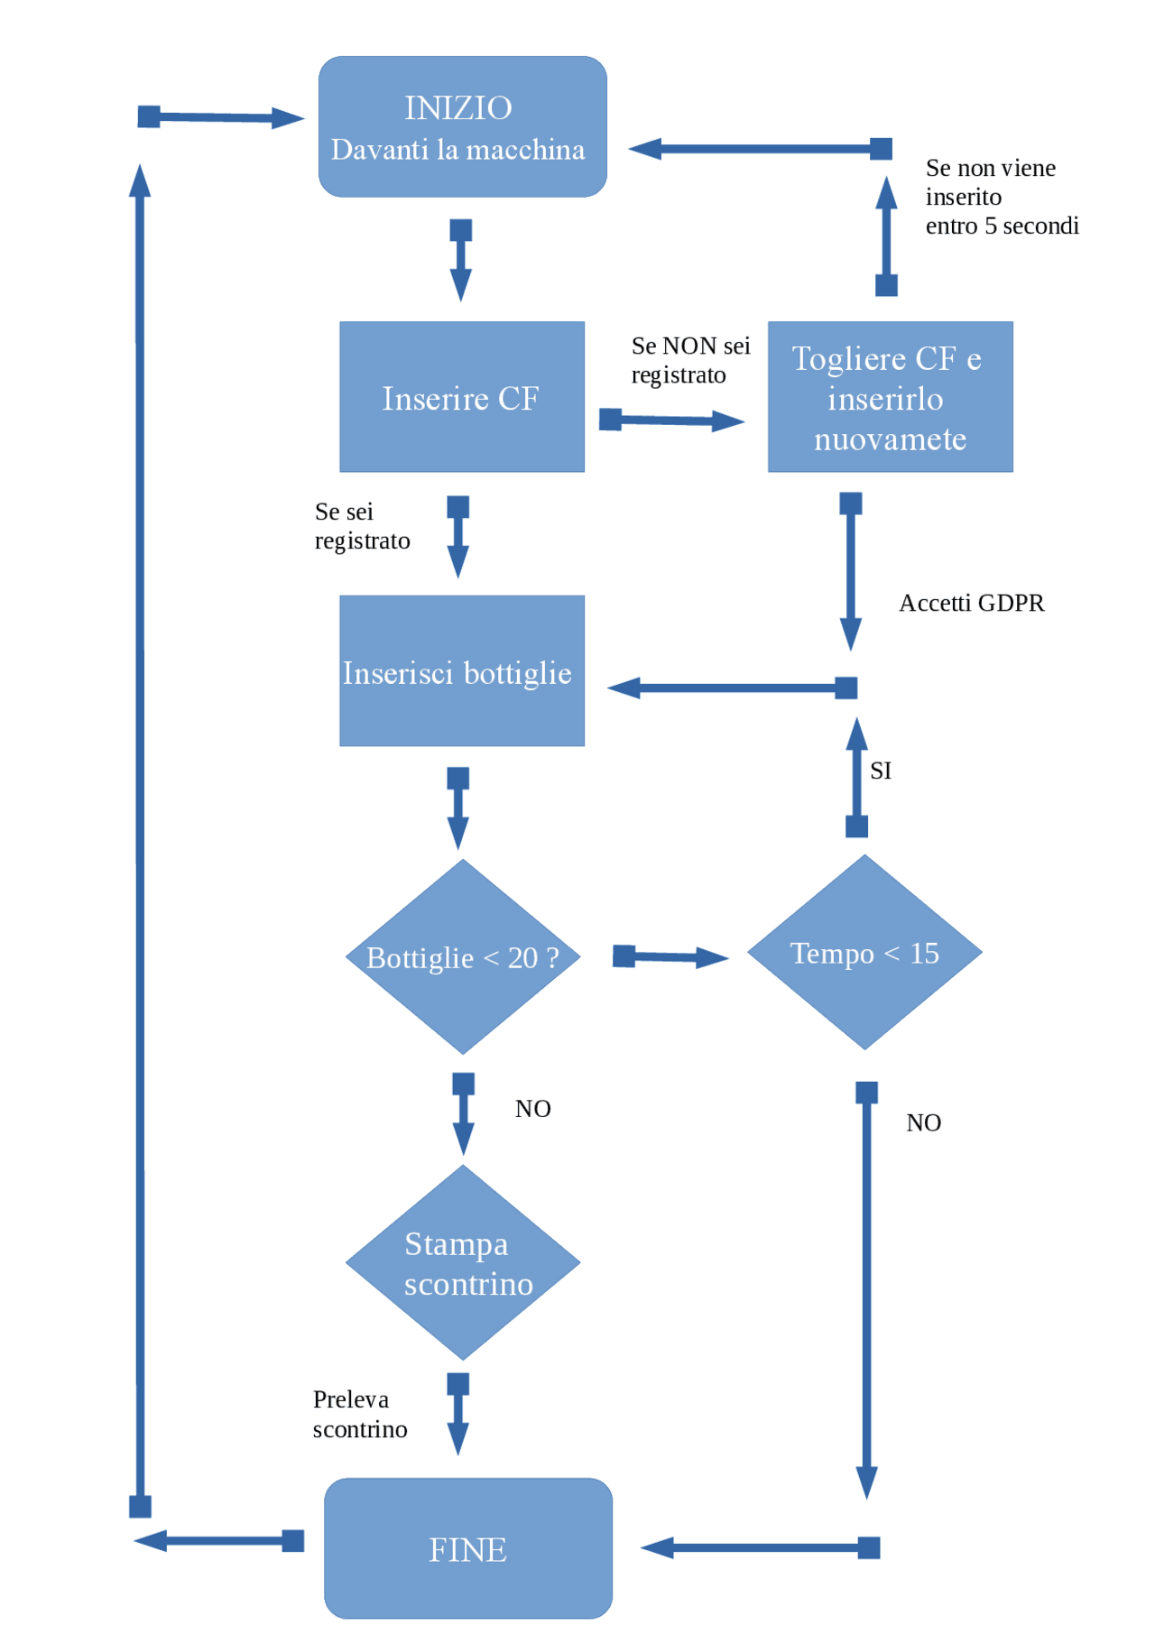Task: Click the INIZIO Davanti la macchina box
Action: pos(462,127)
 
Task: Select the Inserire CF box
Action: pos(461,397)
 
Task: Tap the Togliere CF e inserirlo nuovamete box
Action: pos(890,397)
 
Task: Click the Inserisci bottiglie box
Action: pos(461,671)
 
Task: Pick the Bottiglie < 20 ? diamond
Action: pos(463,957)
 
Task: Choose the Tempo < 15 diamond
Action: pos(864,953)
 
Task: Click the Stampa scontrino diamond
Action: pos(463,1263)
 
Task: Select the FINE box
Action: pos(467,1549)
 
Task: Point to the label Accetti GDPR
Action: pos(971,603)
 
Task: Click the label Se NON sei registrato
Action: pos(690,360)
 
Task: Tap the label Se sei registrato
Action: pos(361,526)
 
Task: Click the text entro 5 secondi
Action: pos(1002,226)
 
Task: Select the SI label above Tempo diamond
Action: pos(881,771)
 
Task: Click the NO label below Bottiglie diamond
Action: pos(532,1109)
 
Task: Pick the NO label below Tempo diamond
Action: pos(923,1123)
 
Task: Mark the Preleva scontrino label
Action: pos(359,1414)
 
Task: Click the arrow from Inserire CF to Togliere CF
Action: pos(672,420)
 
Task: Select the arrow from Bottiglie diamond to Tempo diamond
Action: pos(670,957)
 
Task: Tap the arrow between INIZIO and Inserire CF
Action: pos(461,260)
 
